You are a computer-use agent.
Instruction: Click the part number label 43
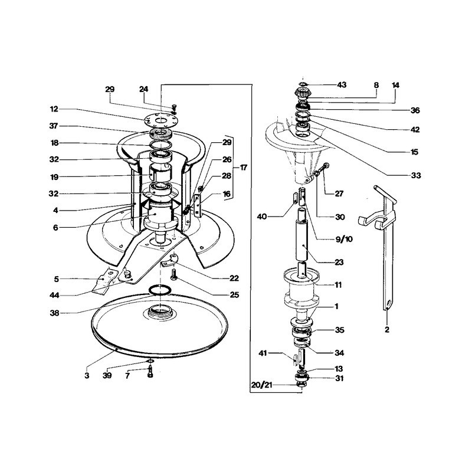pos(342,85)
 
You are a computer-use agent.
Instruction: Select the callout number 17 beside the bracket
pos(244,168)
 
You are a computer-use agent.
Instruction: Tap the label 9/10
pos(344,239)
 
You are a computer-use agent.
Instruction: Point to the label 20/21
pos(262,385)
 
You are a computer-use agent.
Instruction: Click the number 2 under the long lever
pos(387,329)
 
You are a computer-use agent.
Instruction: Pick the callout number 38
pos(54,313)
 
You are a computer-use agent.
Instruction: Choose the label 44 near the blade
pos(54,296)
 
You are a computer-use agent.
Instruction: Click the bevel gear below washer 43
pos(303,93)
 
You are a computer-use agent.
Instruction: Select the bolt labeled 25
pos(173,274)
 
